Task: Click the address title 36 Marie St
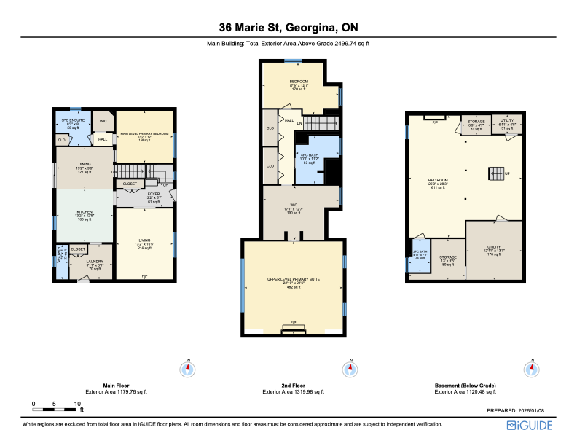click(288, 28)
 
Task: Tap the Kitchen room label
click(85, 213)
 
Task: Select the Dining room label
click(85, 165)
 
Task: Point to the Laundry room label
click(95, 262)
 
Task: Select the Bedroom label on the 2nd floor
click(299, 82)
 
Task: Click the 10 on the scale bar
click(76, 404)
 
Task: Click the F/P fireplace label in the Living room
click(144, 276)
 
